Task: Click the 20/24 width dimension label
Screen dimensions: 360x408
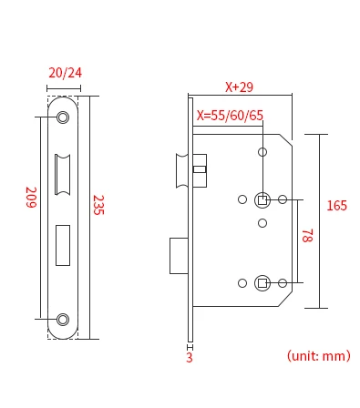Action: point(65,73)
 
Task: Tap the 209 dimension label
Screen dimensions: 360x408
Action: point(31,198)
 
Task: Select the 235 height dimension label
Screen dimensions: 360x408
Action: point(98,205)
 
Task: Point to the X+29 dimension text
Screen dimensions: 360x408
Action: point(239,87)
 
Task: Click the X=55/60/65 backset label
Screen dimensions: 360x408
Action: point(230,116)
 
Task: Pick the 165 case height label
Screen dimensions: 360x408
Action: point(336,206)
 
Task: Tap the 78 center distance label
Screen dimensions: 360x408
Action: point(307,236)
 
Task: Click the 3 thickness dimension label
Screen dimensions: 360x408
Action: point(190,358)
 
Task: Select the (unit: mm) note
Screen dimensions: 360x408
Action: point(319,356)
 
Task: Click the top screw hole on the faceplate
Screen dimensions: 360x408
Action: point(63,117)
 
